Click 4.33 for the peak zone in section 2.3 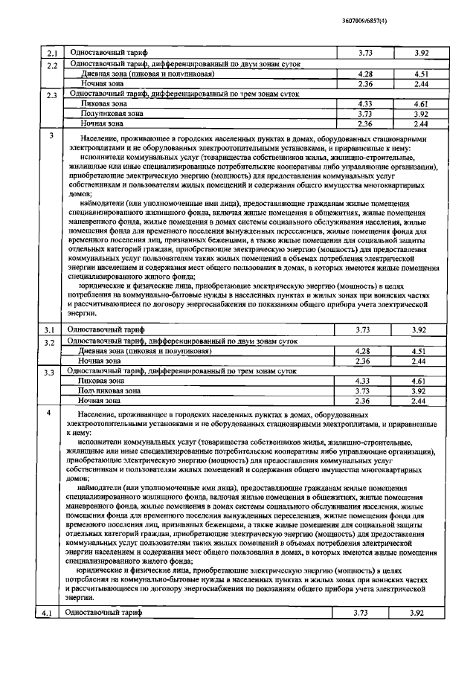(364, 104)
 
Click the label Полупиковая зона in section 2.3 (109, 114)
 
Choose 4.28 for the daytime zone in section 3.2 (364, 350)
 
